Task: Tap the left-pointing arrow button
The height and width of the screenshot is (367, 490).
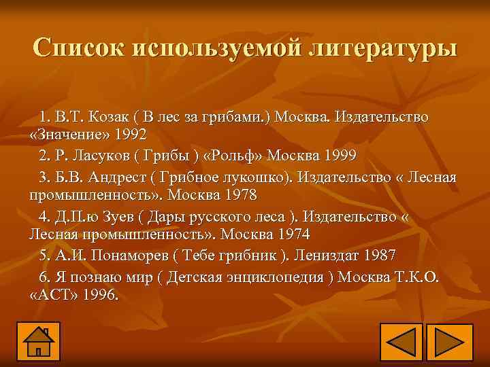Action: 401,343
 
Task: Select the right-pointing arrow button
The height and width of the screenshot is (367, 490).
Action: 448,343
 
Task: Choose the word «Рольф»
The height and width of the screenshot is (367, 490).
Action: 236,156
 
